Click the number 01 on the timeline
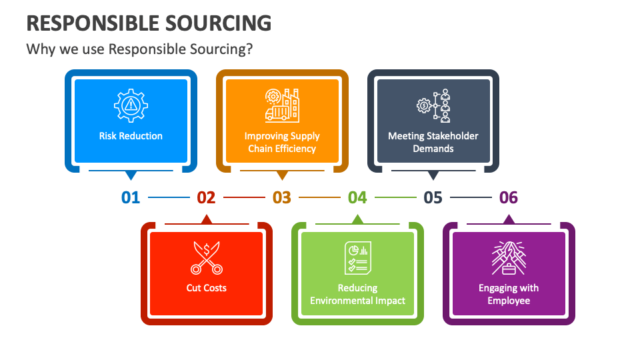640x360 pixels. [131, 197]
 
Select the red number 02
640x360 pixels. [206, 197]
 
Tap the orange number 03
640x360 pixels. [282, 197]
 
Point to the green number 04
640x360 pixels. [357, 197]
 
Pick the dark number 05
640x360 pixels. [433, 197]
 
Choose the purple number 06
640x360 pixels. [509, 197]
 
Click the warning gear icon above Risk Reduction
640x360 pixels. [131, 105]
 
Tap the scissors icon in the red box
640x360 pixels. [207, 258]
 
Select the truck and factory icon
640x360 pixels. [282, 105]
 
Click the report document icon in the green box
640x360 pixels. [357, 258]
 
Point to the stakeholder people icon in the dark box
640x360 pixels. [433, 105]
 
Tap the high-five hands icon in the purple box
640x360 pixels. [509, 258]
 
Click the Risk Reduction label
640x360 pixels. [131, 136]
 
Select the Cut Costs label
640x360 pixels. [207, 288]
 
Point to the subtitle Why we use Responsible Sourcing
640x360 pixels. [139, 49]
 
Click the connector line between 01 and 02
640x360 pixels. [169, 197]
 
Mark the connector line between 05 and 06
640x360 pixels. [471, 197]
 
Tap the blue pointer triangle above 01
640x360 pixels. [131, 176]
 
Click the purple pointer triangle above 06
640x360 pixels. [509, 219]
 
